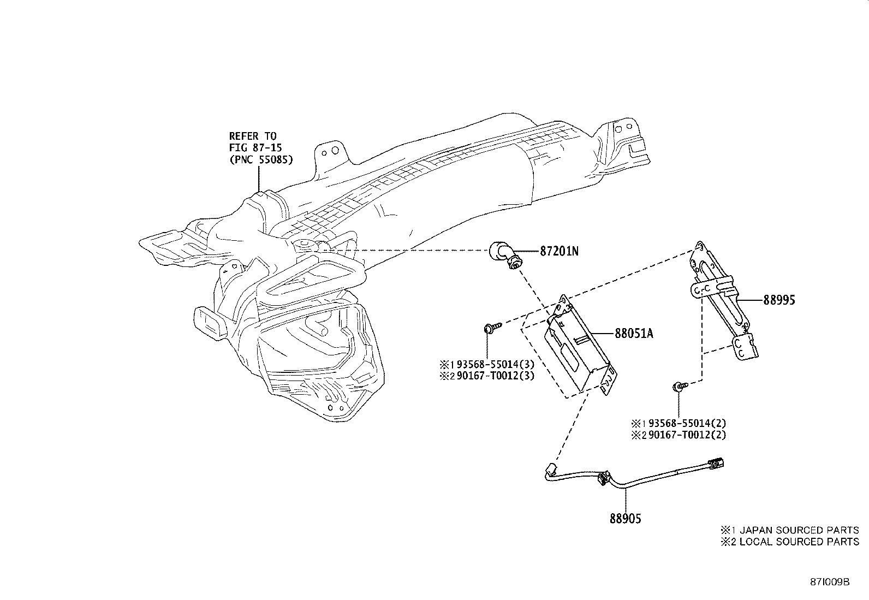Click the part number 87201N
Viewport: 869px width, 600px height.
[559, 252]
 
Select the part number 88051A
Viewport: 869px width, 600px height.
[634, 334]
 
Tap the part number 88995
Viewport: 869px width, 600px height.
[779, 300]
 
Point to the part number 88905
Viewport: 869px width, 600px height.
[626, 519]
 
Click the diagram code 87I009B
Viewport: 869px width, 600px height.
[830, 582]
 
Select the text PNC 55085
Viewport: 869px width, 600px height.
[261, 159]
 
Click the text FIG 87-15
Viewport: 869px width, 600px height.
[255, 148]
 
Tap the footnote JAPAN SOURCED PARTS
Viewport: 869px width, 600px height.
[799, 530]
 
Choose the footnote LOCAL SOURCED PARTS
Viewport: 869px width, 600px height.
[799, 542]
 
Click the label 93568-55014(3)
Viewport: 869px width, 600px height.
[496, 365]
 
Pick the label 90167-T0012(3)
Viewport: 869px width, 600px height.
[496, 376]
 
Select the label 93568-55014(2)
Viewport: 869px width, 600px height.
[687, 424]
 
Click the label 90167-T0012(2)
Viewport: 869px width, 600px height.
[687, 435]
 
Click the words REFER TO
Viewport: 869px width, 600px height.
[253, 136]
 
